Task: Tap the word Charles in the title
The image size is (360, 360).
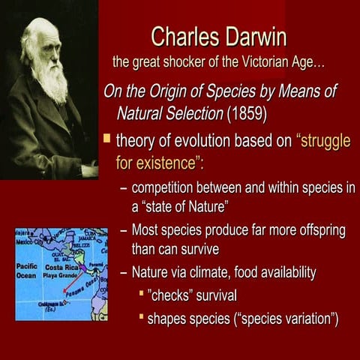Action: click(183, 35)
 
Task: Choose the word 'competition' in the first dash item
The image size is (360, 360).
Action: click(169, 187)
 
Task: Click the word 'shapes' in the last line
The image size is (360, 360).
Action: click(166, 319)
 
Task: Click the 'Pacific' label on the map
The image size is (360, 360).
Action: click(26, 266)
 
